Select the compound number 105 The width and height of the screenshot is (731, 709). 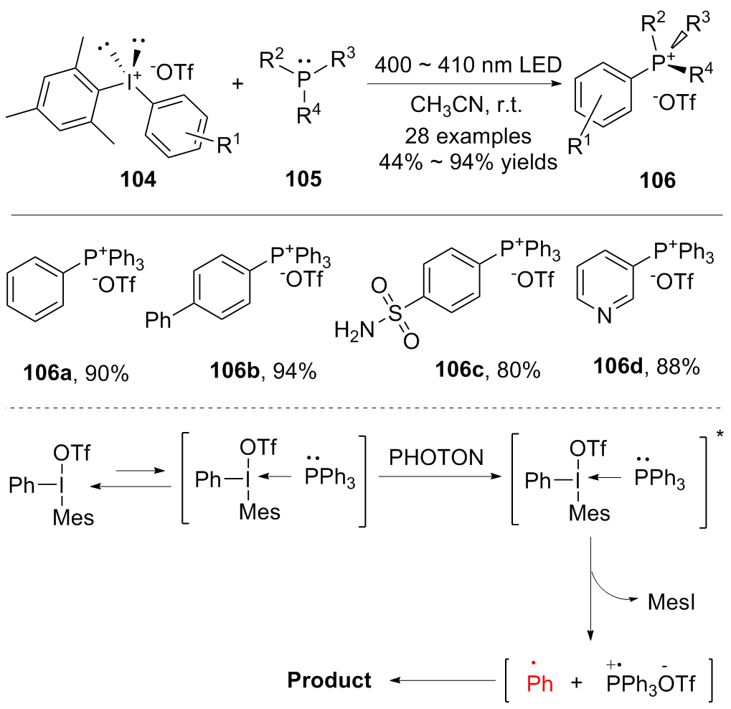[303, 179]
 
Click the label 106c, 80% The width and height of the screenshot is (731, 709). [487, 371]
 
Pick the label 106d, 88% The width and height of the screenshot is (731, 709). [646, 366]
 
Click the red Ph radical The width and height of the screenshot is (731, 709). [539, 682]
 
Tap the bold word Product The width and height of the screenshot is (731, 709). [330, 680]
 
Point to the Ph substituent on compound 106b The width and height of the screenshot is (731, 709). [159, 319]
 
